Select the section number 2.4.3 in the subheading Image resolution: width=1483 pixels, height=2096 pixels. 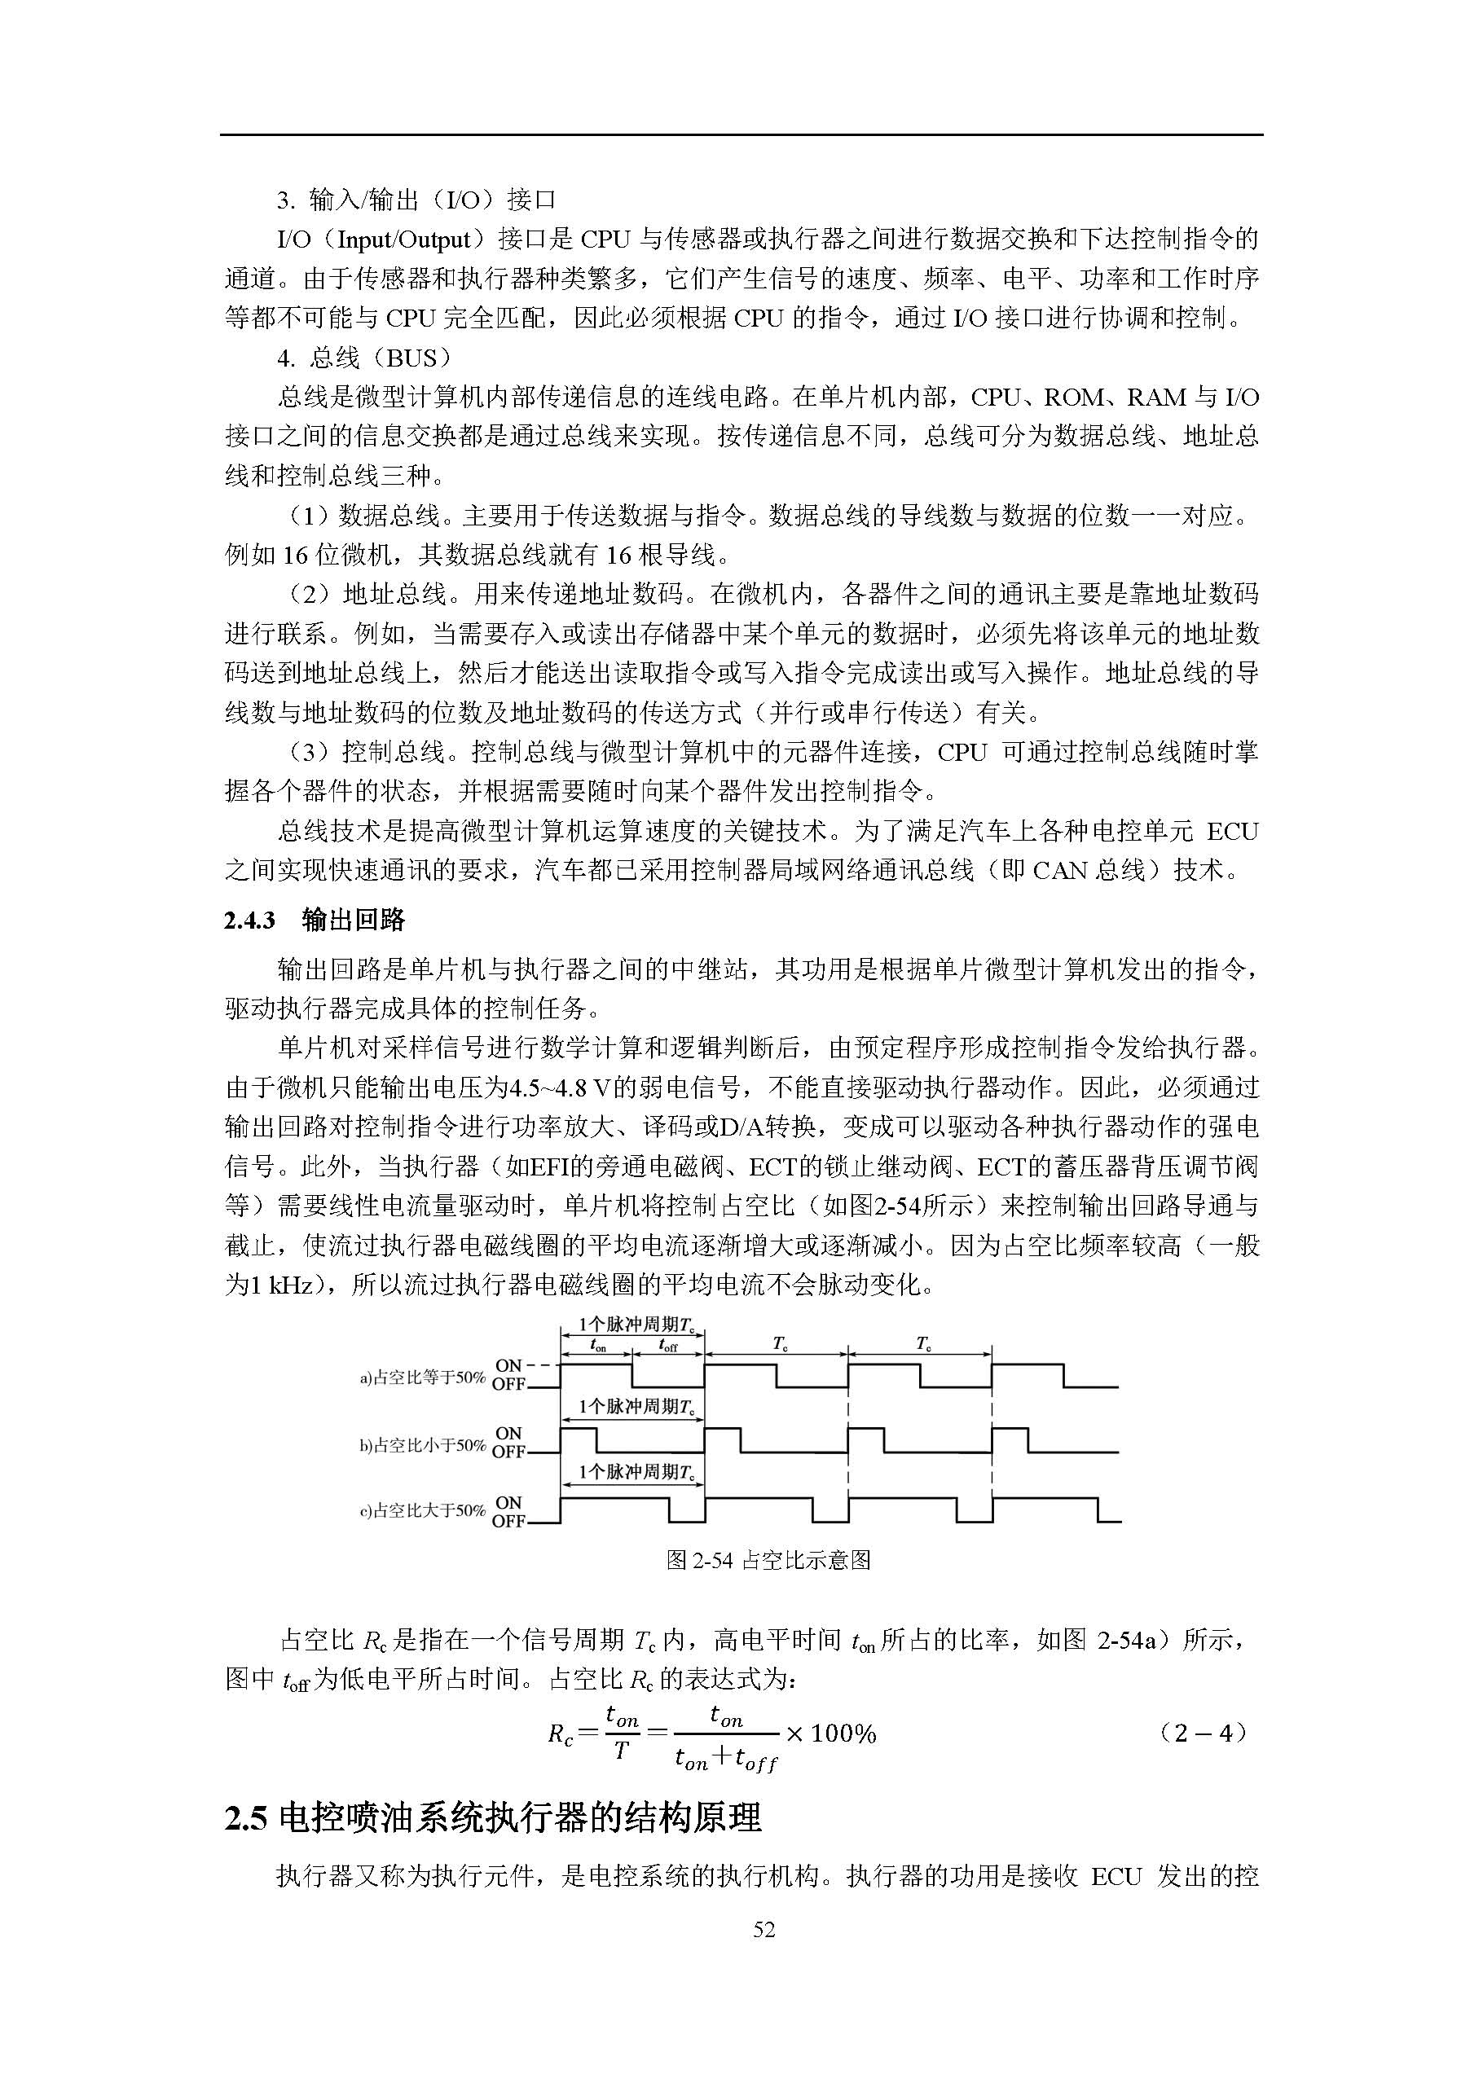249,921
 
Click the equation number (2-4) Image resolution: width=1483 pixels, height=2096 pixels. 1202,1733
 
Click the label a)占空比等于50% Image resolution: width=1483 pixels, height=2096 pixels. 422,1378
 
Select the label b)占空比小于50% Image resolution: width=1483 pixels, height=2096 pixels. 422,1445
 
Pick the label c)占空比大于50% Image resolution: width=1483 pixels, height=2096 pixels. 422,1511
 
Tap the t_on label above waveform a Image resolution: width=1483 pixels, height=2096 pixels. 597,1346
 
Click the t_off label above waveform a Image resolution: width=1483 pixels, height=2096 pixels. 667,1346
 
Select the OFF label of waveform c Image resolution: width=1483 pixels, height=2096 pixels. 508,1522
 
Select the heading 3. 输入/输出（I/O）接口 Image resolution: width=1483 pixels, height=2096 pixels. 416,199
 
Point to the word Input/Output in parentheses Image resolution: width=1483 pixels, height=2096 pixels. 403,239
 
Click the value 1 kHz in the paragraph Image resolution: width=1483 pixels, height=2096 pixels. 270,1285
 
